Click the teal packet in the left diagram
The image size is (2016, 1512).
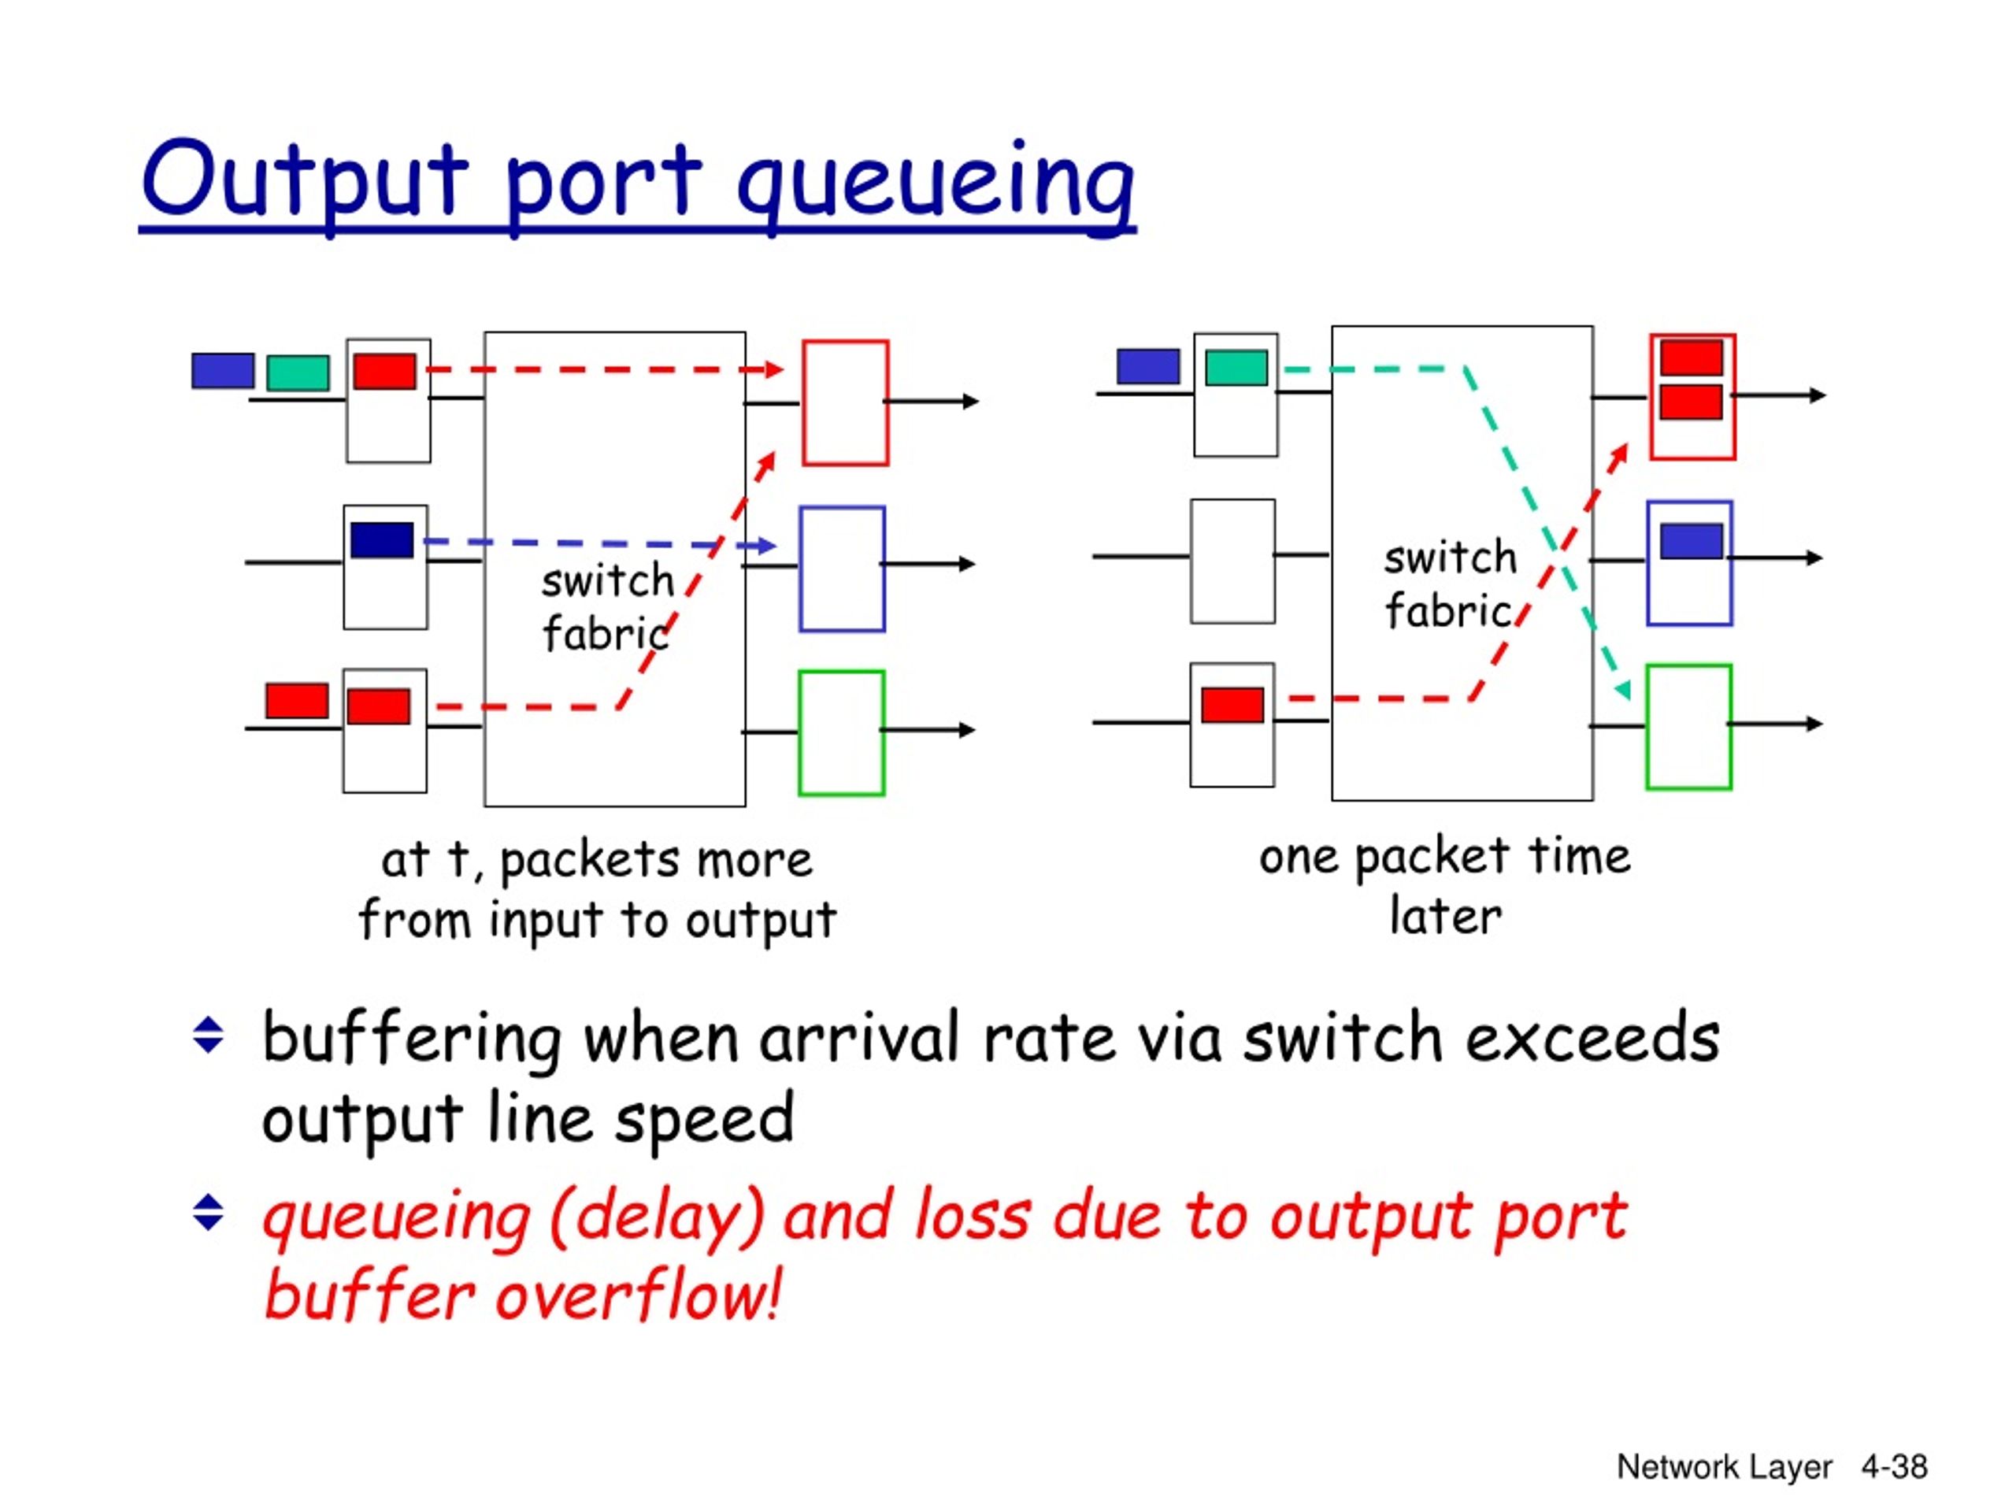297,372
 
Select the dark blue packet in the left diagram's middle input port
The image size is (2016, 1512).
382,539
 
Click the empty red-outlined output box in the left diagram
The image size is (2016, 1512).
803,403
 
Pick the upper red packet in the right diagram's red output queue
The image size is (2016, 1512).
1691,358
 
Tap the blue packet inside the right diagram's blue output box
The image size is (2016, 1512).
1691,540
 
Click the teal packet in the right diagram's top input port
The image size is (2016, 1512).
1236,367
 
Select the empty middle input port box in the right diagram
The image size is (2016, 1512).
1192,561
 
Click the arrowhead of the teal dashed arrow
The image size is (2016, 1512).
1622,691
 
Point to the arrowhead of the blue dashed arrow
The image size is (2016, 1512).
769,546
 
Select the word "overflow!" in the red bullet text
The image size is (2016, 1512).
638,1294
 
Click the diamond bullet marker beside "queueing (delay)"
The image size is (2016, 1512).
209,1213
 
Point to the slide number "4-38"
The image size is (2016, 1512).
1894,1466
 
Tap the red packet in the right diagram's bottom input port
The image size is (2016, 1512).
1232,705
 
